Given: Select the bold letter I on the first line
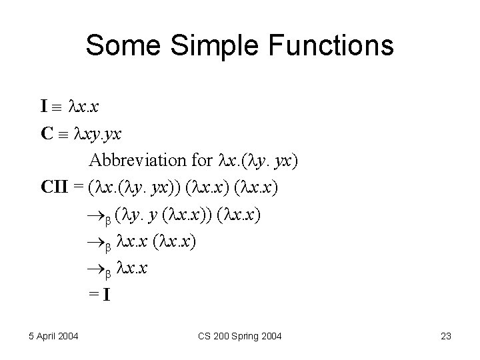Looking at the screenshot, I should (x=43, y=106).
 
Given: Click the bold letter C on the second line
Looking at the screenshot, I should (x=46, y=133).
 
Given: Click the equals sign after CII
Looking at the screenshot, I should (x=79, y=189).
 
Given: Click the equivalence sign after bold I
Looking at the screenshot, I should (x=58, y=107).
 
